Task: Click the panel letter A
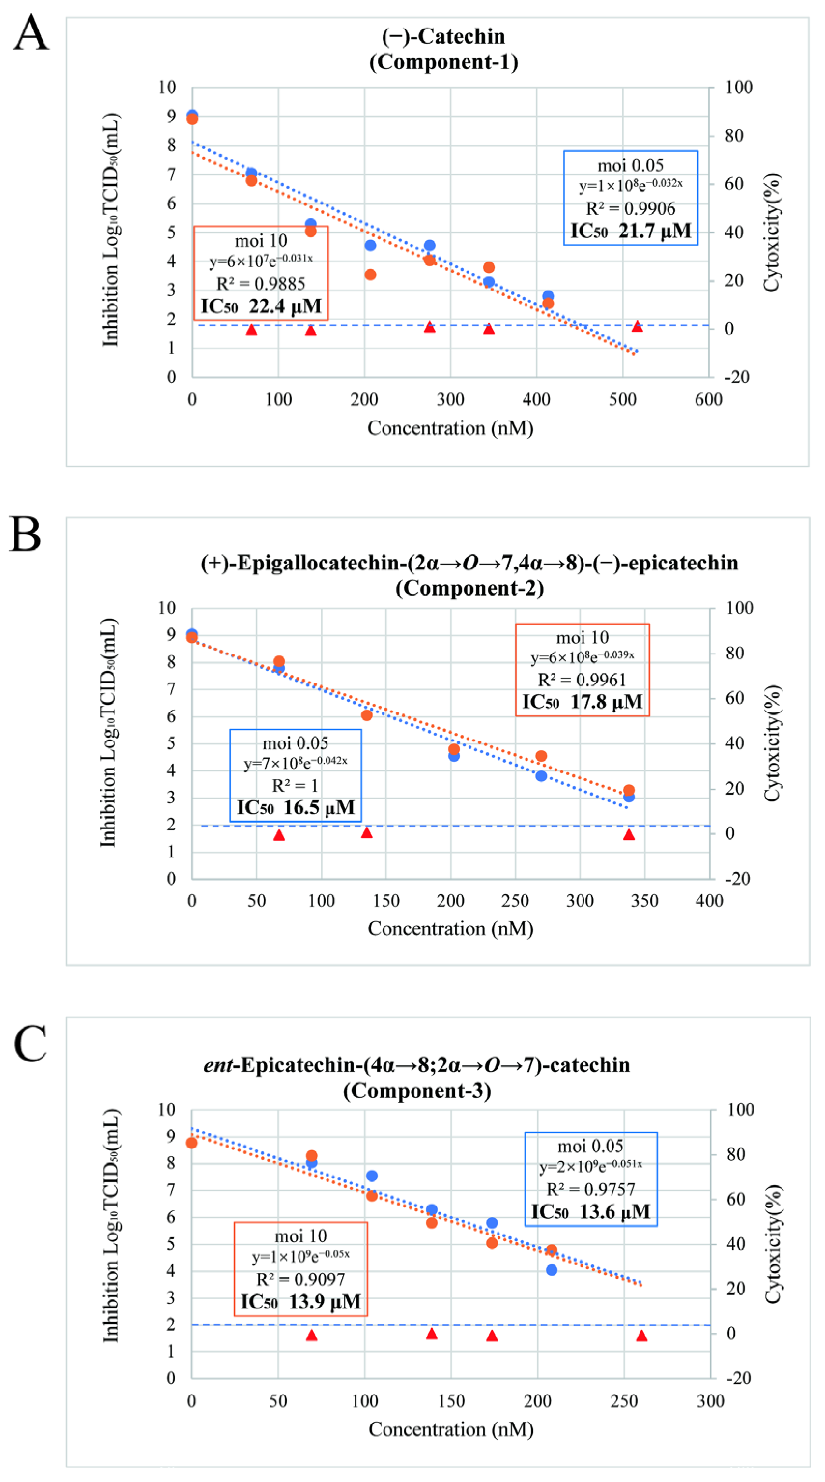tap(30, 33)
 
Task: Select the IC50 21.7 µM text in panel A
tap(630, 231)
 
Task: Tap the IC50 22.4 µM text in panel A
tap(260, 306)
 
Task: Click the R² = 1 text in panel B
tap(295, 786)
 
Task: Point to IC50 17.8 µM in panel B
tap(582, 702)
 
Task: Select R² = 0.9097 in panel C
tap(300, 1279)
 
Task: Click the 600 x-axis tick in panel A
tap(708, 399)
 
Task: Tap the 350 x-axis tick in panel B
tap(644, 901)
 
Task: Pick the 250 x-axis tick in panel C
tap(624, 1401)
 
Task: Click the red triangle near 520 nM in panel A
tap(637, 326)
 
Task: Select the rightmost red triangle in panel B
tap(628, 834)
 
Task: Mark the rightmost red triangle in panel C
tap(641, 1335)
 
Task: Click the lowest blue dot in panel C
tap(551, 1270)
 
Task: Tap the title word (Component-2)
tap(469, 588)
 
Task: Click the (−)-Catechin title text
tap(443, 36)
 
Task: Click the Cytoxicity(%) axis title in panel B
tap(771, 743)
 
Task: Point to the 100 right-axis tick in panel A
tap(738, 87)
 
